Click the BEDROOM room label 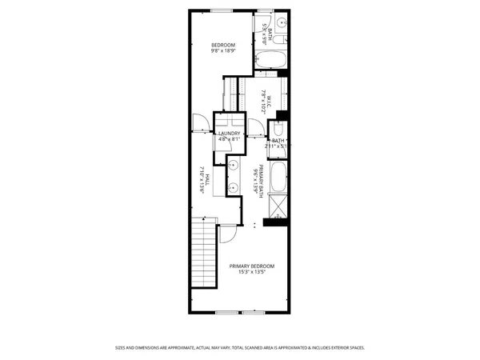(x=223, y=44)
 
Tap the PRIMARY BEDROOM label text (x=252, y=266)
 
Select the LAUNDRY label (x=230, y=134)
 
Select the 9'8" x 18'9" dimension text (x=223, y=51)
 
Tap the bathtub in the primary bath (x=278, y=177)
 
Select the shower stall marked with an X (x=278, y=206)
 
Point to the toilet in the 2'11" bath (x=278, y=129)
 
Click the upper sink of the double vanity (x=234, y=166)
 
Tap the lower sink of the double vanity (x=234, y=189)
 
